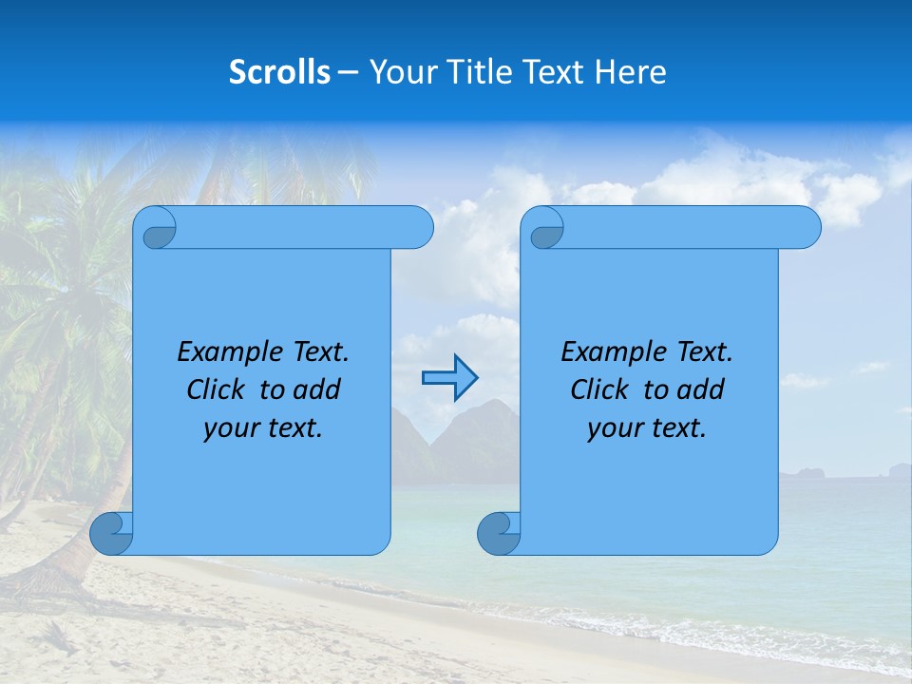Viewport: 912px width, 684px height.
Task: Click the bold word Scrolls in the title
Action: point(279,72)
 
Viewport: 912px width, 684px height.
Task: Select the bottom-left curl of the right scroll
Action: point(499,533)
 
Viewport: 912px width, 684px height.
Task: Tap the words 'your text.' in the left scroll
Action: point(263,427)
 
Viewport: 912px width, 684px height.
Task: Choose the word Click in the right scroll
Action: point(598,389)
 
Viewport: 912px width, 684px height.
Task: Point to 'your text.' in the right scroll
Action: point(647,427)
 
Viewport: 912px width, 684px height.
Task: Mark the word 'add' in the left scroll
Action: point(316,389)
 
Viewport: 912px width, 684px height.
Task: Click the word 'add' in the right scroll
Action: point(700,389)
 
